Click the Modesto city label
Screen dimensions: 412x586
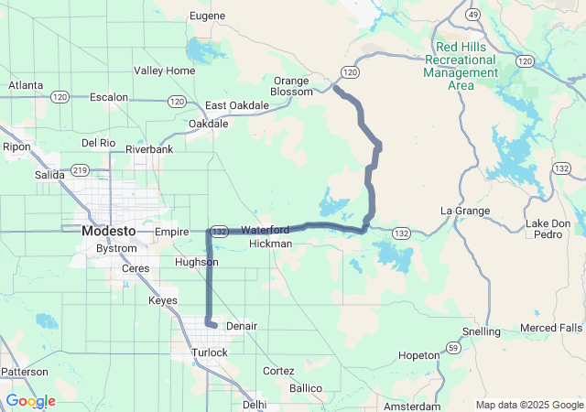click(x=108, y=231)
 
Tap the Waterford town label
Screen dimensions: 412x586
click(x=266, y=230)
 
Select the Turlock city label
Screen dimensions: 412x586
click(x=210, y=352)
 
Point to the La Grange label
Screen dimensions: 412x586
click(x=464, y=211)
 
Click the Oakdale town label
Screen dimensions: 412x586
click(x=208, y=123)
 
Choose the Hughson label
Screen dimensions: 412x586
click(x=197, y=262)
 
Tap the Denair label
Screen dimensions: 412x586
click(x=242, y=326)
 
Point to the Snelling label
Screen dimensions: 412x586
click(x=482, y=331)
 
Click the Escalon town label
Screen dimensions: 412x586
click(x=108, y=96)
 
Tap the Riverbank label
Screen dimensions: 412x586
click(x=149, y=148)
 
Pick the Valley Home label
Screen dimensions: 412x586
click(x=164, y=70)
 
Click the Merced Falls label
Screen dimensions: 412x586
click(x=550, y=328)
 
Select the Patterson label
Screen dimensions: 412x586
click(x=24, y=372)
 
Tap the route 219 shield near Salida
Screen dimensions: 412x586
click(x=80, y=169)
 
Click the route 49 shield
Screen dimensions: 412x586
click(x=473, y=16)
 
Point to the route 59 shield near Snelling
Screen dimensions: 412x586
click(x=453, y=347)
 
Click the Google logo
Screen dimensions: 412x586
click(x=30, y=401)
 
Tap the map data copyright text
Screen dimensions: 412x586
click(x=528, y=405)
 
